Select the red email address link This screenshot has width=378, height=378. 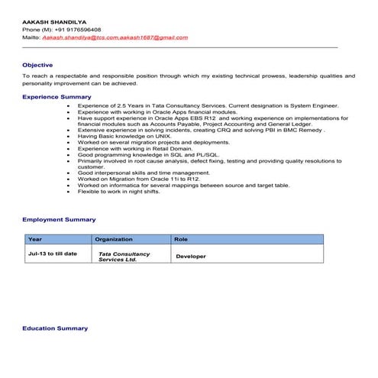[x=115, y=37]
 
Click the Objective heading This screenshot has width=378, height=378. [x=37, y=65]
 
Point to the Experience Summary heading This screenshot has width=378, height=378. [x=57, y=97]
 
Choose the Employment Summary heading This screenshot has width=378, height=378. [x=59, y=219]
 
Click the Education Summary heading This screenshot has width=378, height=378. [x=55, y=328]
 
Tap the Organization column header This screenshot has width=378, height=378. [x=114, y=240]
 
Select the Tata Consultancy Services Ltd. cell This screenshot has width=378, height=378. [x=124, y=256]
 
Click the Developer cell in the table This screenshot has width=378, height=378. [x=191, y=257]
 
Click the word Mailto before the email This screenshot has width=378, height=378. [x=31, y=37]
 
